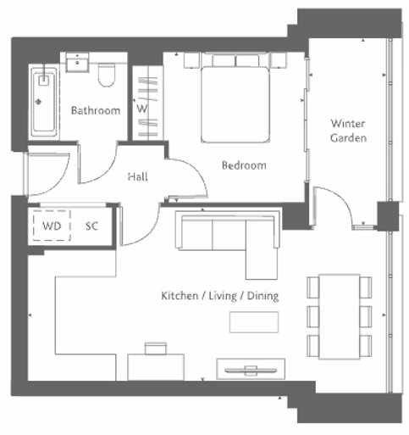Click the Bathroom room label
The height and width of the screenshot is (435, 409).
(96, 110)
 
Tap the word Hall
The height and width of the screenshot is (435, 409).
(137, 176)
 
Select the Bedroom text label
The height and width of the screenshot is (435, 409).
(244, 165)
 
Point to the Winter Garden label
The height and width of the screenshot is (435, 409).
(348, 131)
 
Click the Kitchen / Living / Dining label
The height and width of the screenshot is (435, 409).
(219, 296)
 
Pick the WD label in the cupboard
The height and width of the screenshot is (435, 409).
(52, 226)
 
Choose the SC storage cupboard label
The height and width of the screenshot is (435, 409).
(91, 226)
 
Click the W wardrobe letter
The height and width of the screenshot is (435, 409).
(142, 109)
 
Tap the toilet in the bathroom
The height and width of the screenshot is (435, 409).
(107, 75)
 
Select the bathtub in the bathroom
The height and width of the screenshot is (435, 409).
(44, 103)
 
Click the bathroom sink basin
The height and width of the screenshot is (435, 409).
(77, 62)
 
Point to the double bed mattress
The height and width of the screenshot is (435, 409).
(235, 104)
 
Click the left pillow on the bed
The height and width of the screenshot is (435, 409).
(224, 61)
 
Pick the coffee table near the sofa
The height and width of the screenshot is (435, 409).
(254, 322)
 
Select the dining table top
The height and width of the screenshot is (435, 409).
(339, 316)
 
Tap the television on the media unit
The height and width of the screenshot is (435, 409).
(251, 370)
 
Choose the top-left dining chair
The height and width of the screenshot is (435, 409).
(313, 287)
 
